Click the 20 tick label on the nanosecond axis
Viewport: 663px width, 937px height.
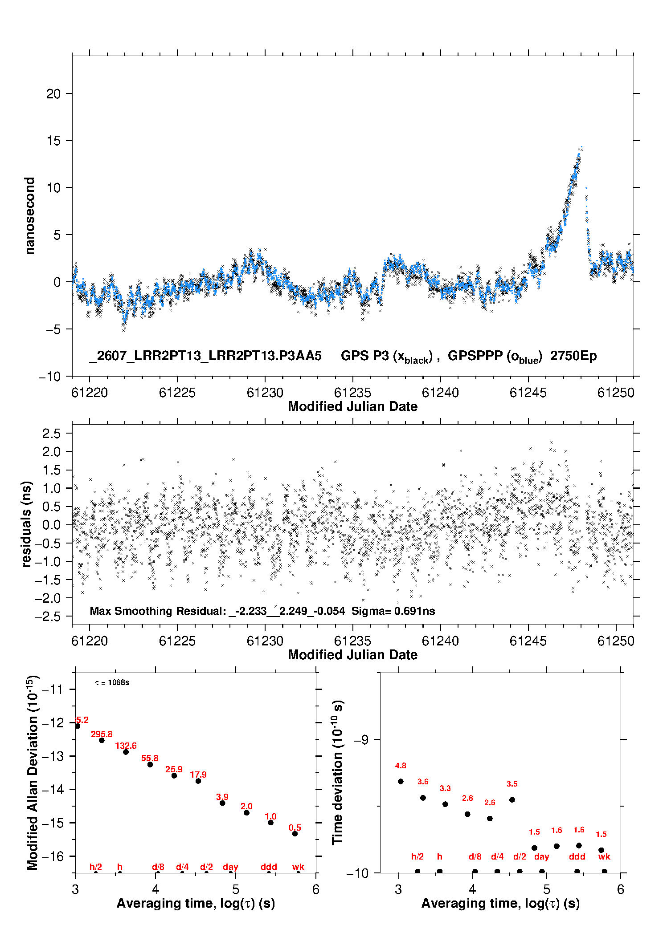[x=53, y=93]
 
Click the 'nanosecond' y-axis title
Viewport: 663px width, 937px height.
[x=29, y=215]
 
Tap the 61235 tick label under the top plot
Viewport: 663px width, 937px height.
[x=352, y=393]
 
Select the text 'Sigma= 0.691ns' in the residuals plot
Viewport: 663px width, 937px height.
[x=393, y=611]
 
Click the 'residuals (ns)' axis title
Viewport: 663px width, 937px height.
[x=27, y=524]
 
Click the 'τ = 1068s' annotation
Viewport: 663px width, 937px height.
[x=112, y=683]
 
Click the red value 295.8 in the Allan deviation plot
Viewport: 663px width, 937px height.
[x=102, y=734]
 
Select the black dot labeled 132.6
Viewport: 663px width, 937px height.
[x=126, y=752]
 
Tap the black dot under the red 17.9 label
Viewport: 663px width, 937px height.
[x=198, y=781]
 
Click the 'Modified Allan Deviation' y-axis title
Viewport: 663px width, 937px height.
[x=32, y=773]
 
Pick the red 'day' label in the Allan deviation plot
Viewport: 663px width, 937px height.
[x=230, y=867]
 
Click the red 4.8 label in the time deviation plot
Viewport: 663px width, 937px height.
[x=401, y=766]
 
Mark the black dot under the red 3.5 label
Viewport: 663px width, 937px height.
[x=512, y=800]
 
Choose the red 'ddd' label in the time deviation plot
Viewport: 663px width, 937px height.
[x=577, y=856]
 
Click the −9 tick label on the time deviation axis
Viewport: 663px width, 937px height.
[x=361, y=739]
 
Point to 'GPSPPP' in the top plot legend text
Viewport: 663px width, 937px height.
[x=475, y=356]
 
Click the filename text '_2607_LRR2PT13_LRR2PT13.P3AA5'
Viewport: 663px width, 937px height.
[x=205, y=356]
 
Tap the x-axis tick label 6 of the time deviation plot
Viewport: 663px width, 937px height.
[x=621, y=889]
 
